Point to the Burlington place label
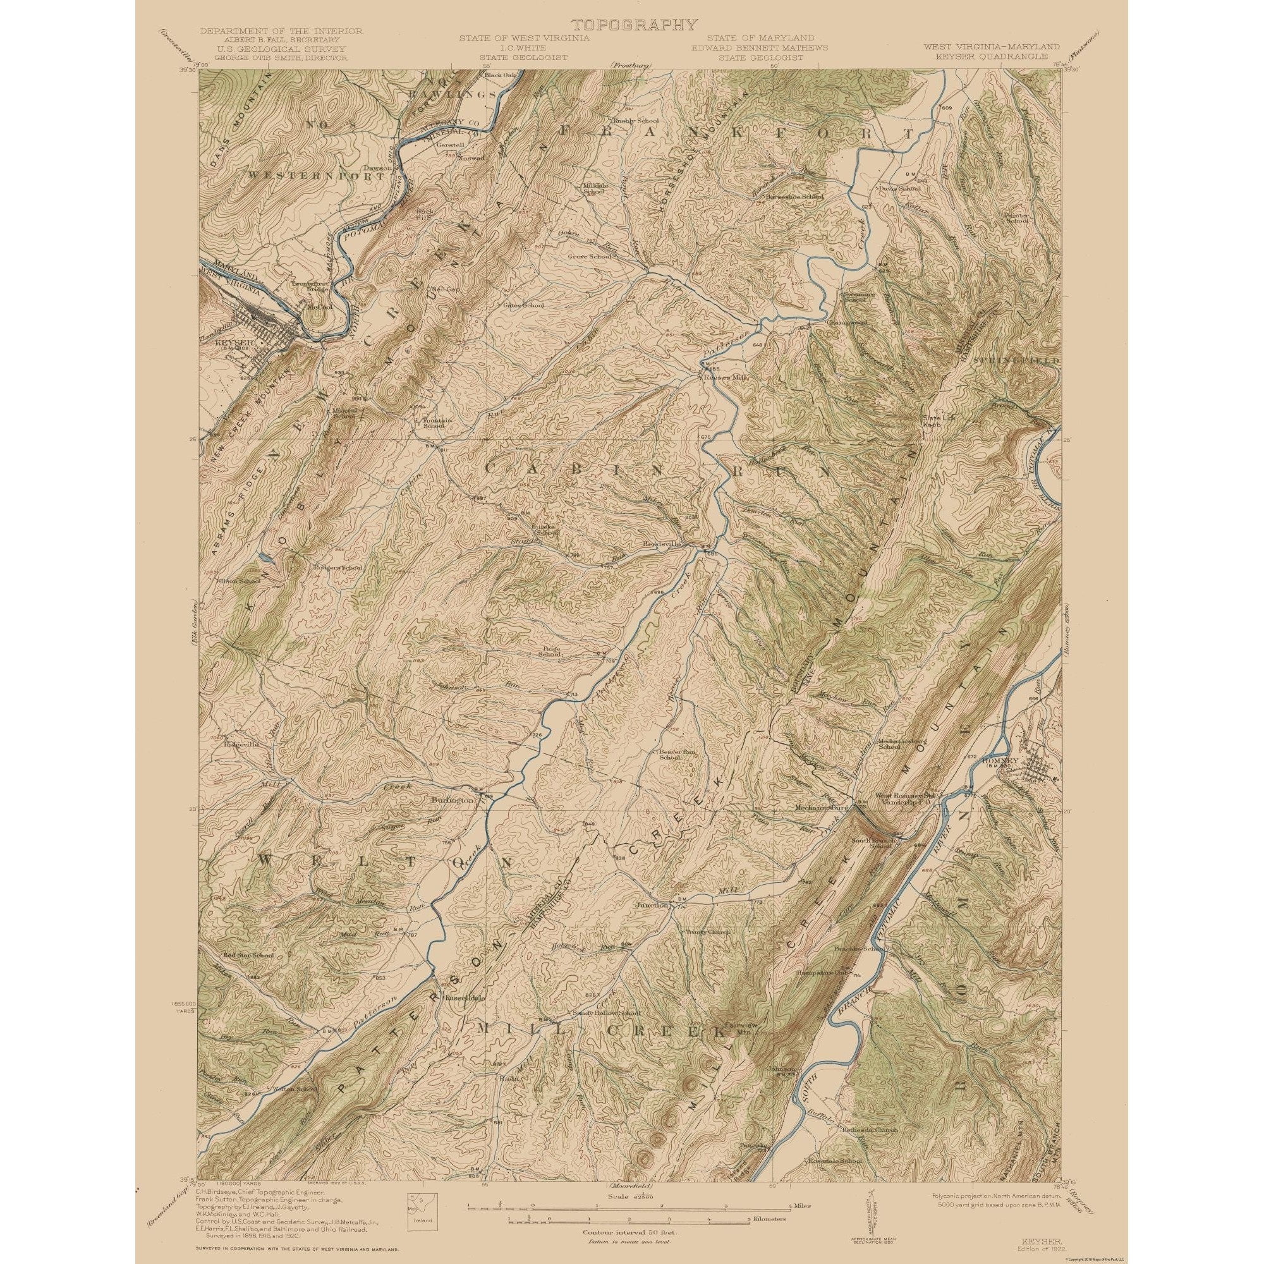[x=452, y=800]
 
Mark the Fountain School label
[x=434, y=423]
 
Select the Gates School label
[x=523, y=305]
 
